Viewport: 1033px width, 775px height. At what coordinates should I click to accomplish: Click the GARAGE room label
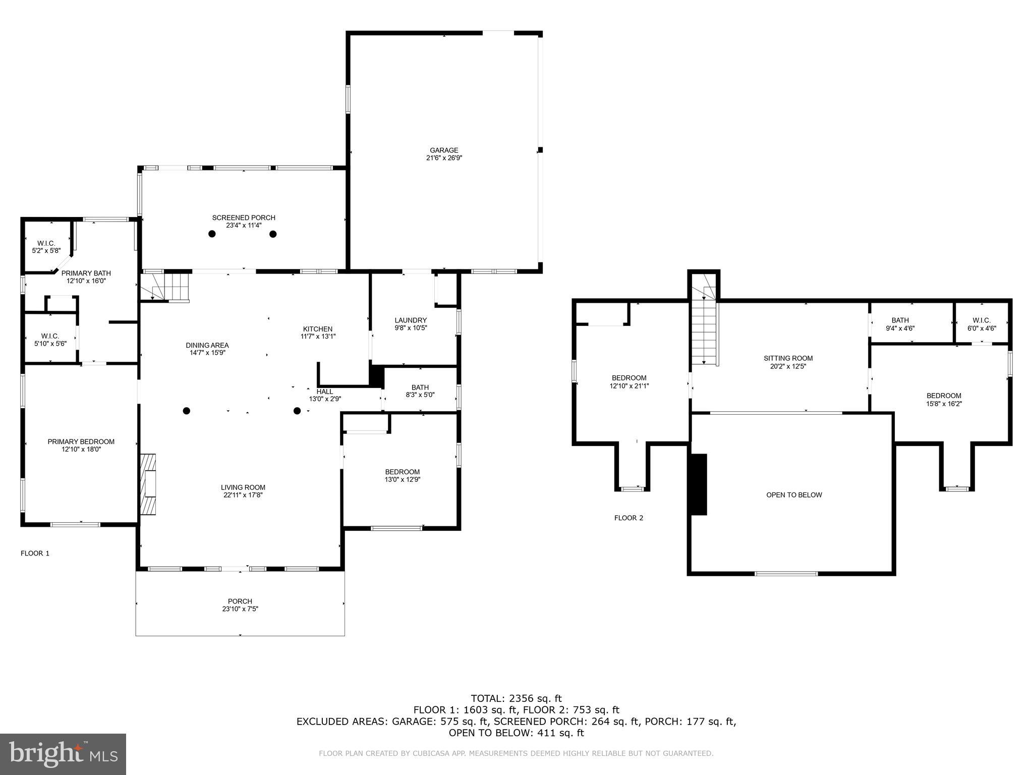point(444,150)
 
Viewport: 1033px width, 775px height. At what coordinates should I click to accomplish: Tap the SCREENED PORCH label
point(244,218)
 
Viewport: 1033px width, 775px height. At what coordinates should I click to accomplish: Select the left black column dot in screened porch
point(212,234)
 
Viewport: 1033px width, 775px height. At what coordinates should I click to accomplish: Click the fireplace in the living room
point(148,484)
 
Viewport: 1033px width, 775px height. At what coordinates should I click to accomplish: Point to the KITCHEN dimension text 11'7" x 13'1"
point(318,337)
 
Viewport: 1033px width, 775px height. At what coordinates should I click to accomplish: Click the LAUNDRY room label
point(411,320)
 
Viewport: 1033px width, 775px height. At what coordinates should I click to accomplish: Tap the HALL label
point(325,392)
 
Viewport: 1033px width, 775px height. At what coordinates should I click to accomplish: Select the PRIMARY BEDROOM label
point(81,441)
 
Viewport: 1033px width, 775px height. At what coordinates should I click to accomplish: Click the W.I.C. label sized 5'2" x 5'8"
point(46,243)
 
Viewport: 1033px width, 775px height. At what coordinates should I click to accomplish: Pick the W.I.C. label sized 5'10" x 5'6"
point(50,336)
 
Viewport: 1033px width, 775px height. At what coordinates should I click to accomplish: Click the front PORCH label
point(240,601)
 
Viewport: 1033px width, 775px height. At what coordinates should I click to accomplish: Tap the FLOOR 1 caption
point(35,553)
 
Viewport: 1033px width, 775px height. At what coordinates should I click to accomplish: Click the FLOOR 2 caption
point(628,518)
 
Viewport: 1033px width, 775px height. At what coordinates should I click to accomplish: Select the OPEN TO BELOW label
point(794,495)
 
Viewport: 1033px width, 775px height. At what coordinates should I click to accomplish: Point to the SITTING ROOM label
point(788,358)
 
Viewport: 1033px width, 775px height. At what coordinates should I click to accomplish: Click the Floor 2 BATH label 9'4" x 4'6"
point(900,320)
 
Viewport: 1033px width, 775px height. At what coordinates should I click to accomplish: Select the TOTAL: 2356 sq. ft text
point(516,699)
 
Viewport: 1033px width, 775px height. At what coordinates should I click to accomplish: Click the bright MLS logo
point(63,754)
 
